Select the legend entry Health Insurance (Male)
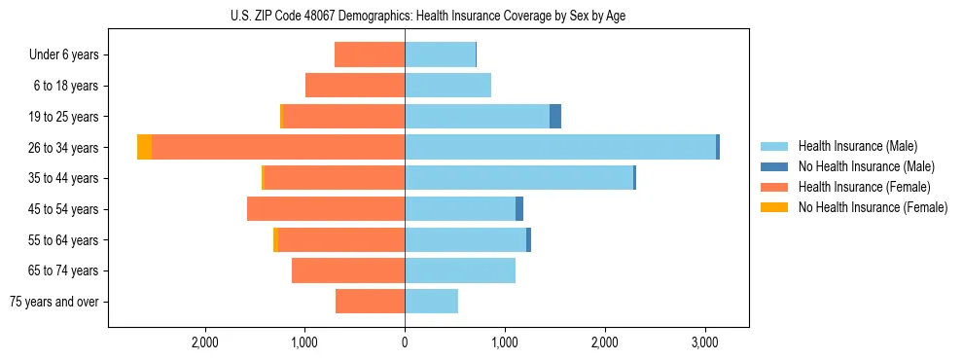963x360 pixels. click(857, 146)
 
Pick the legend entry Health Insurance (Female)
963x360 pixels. click(864, 187)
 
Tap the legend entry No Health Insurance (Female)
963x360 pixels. click(873, 207)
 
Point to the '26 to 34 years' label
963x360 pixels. click(64, 148)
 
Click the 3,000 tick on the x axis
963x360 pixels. click(705, 342)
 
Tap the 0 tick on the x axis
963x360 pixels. click(405, 342)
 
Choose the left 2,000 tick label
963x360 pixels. click(204, 342)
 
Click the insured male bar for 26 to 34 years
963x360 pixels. click(560, 147)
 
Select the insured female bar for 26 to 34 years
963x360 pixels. click(278, 147)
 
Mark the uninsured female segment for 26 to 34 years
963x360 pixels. click(144, 147)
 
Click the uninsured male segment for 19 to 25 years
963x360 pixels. click(555, 117)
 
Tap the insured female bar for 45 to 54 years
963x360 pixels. click(326, 209)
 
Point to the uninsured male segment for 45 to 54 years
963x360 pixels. click(519, 209)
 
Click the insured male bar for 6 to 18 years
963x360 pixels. click(447, 86)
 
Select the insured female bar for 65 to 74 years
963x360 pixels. click(348, 270)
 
